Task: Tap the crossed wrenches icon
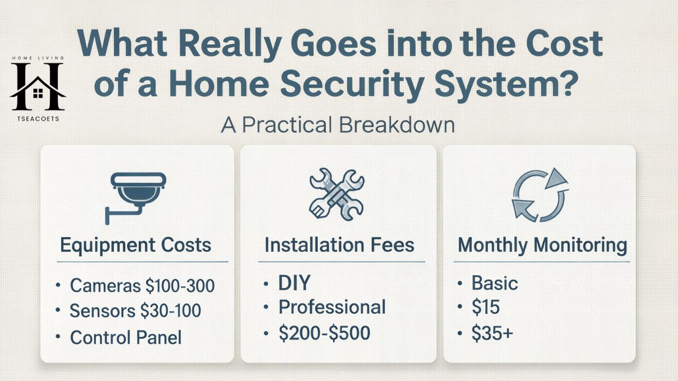point(337,194)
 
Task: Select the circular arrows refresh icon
point(539,195)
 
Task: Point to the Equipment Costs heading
point(136,245)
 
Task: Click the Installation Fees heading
point(339,245)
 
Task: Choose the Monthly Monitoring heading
point(542,245)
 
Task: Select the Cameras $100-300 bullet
point(142,286)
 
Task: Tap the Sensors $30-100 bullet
point(135,311)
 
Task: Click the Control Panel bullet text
point(126,337)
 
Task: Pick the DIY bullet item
point(294,283)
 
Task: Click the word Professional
point(332,307)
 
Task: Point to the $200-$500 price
point(324,333)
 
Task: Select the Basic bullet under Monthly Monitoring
point(494,283)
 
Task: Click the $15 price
point(486,308)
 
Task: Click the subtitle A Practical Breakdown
point(338,125)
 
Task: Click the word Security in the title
point(345,85)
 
